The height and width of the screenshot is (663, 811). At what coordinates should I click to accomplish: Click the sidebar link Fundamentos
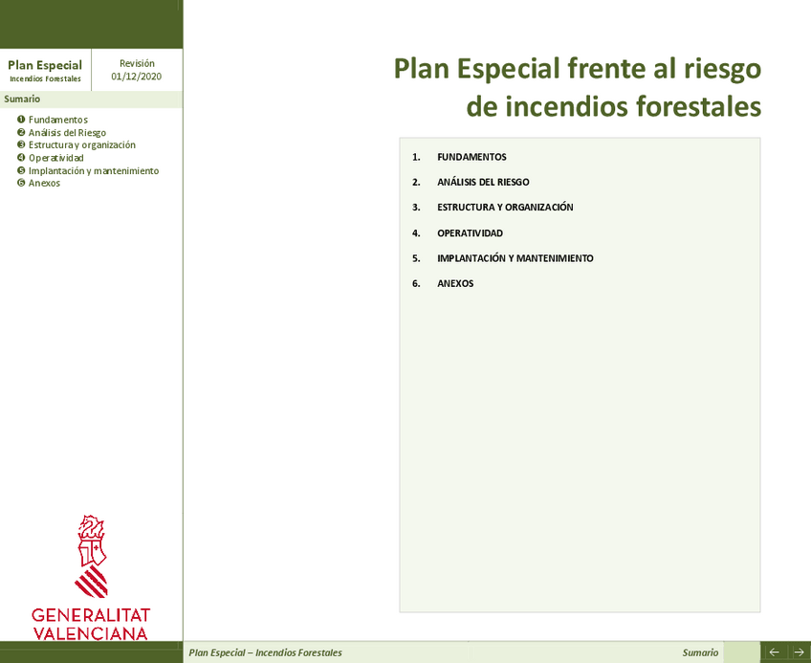(x=57, y=120)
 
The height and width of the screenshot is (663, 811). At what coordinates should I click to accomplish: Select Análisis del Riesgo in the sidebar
(x=67, y=132)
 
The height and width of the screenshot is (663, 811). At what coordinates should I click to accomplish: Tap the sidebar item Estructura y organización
(x=81, y=144)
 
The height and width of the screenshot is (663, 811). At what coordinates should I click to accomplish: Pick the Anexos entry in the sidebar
(x=44, y=183)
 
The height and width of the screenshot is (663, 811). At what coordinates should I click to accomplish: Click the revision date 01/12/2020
(x=137, y=77)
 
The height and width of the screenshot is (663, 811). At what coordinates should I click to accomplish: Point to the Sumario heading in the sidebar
(x=22, y=99)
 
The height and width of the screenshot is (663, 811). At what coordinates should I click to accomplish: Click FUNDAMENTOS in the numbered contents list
(x=471, y=157)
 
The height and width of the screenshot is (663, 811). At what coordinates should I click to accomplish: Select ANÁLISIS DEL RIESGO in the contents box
(x=483, y=182)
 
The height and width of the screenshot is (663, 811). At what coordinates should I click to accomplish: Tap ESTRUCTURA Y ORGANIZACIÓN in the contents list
(x=505, y=208)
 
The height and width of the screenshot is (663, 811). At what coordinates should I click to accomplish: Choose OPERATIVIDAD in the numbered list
(x=470, y=233)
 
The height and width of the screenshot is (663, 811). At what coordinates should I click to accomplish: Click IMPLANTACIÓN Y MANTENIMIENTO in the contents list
(x=515, y=258)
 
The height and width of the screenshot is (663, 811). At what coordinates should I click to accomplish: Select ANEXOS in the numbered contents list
(x=455, y=284)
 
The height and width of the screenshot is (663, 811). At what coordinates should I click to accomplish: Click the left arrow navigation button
(x=774, y=652)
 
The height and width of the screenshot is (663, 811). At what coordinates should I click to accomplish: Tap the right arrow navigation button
(x=799, y=652)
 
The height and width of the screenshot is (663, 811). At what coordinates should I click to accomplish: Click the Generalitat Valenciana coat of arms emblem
(x=92, y=555)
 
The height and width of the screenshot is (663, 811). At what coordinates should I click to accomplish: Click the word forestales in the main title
(x=697, y=106)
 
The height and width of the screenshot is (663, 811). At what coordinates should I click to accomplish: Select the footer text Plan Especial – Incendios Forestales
(x=265, y=652)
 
